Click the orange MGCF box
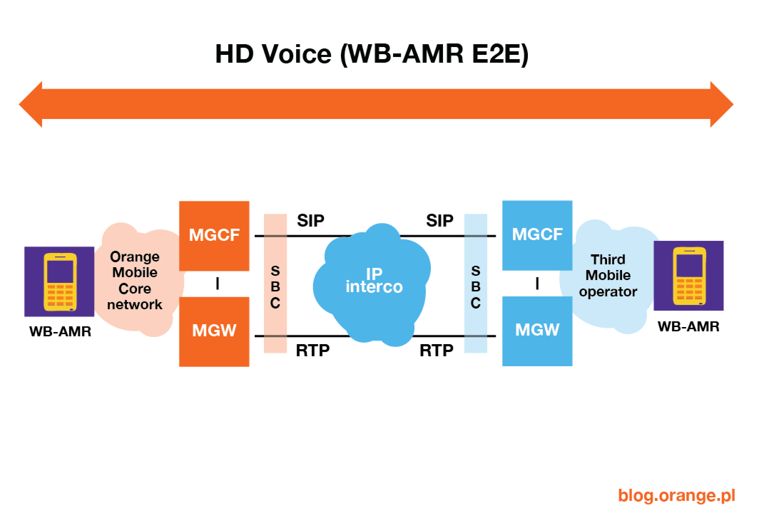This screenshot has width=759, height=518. [214, 235]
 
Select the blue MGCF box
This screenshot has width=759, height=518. [537, 235]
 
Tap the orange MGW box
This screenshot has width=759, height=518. [214, 331]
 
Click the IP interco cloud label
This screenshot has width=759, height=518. [374, 281]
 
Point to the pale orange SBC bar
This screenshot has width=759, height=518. [275, 284]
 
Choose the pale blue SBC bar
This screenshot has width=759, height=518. [475, 284]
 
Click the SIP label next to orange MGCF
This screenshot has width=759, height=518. [311, 221]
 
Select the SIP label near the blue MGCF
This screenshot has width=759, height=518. [439, 221]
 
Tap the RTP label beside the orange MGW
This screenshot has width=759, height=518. [313, 351]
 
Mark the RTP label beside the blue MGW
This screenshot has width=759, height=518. [436, 351]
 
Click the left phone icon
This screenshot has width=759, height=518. [59, 281]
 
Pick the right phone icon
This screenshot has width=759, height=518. [688, 276]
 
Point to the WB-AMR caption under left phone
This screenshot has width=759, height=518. [60, 332]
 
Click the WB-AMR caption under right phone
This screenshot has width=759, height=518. [688, 327]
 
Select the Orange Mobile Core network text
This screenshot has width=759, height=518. [135, 281]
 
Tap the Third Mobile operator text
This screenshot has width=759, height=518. [608, 275]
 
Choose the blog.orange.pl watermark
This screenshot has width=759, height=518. [676, 495]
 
